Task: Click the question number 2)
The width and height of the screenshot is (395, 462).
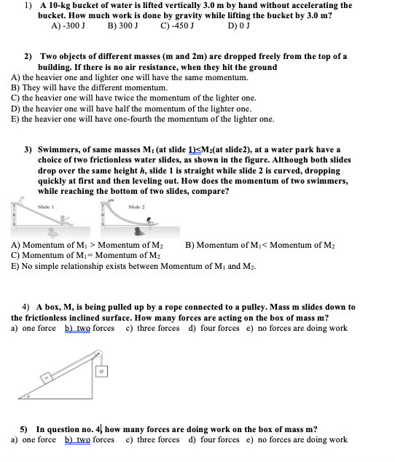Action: (x=28, y=56)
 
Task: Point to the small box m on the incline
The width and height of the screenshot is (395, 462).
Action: (x=45, y=378)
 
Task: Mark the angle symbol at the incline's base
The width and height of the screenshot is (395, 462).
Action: (x=28, y=397)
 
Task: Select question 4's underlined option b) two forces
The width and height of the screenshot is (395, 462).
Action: (x=90, y=328)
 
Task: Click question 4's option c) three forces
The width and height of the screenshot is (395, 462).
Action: (x=152, y=328)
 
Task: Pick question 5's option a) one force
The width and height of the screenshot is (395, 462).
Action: (x=34, y=439)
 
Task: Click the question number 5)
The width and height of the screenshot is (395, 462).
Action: (x=24, y=430)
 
